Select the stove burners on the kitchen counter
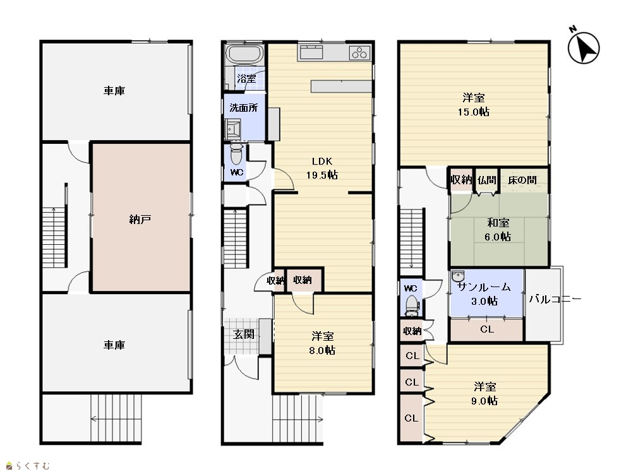point(360,53)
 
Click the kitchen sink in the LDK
point(310,52)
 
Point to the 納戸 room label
point(140,220)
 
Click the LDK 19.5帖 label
point(322,168)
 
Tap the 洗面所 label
point(243,108)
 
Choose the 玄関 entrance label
point(243,334)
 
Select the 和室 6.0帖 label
point(498,230)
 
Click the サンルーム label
point(484,287)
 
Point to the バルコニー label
point(555,299)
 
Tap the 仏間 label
point(486,180)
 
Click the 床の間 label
point(522,180)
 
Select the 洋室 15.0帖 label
point(474,105)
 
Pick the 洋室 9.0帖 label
point(484,394)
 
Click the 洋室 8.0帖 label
point(322,343)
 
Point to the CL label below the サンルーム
point(487,329)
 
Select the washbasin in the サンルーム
point(458,276)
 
